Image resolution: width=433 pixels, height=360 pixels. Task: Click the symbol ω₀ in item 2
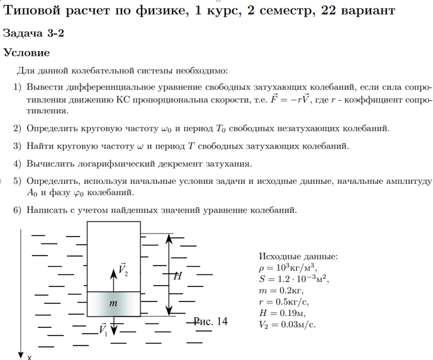click(166, 129)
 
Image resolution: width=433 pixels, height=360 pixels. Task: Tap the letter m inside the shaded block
click(114, 304)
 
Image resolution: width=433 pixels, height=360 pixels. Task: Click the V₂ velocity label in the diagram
click(122, 271)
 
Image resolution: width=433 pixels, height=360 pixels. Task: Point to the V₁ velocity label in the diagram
click(103, 329)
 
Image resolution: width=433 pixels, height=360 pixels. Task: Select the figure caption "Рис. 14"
click(210, 321)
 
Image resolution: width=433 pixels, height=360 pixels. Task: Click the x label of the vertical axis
click(30, 357)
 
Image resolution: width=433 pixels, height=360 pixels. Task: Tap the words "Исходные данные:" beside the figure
click(298, 257)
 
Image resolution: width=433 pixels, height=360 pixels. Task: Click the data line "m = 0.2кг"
click(281, 290)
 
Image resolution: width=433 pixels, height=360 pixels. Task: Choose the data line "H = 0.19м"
click(283, 313)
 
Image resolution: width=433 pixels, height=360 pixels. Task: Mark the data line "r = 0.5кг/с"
click(285, 301)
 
